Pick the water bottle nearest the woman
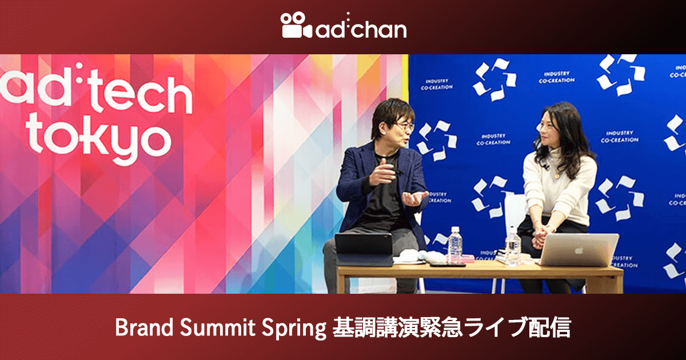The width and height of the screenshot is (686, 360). pos(513,246)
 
